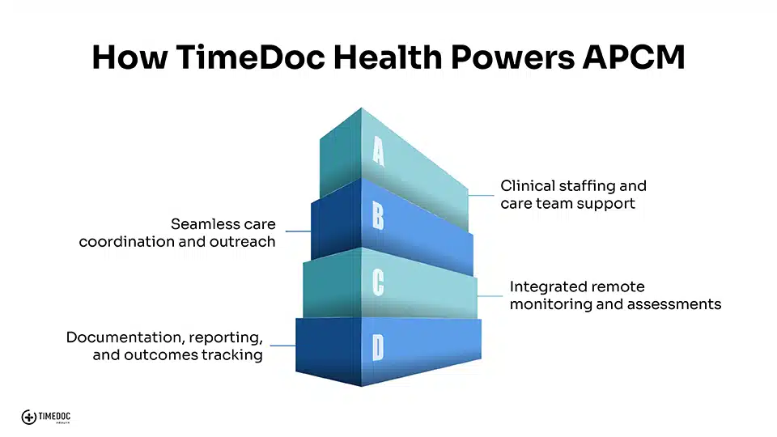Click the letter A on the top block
point(378,151)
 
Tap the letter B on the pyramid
point(378,217)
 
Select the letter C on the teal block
point(378,283)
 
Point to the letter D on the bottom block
point(378,348)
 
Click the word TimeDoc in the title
point(250,57)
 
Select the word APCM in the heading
point(634,57)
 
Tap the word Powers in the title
point(512,57)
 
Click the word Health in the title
point(388,57)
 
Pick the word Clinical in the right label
point(528,186)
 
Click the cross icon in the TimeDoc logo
point(29,418)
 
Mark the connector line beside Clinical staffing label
point(481,195)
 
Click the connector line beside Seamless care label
point(299,231)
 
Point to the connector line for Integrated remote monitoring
point(490,296)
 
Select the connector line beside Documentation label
point(283,346)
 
